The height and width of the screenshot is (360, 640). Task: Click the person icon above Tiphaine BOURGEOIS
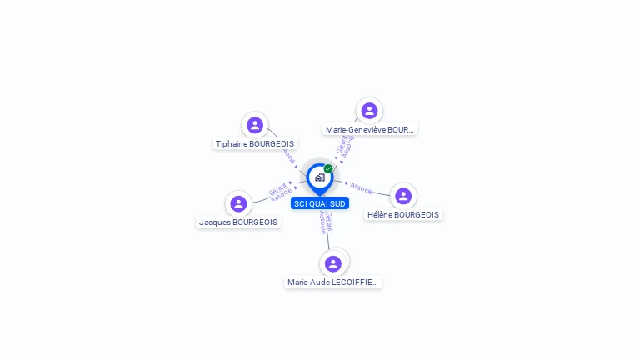[x=255, y=125]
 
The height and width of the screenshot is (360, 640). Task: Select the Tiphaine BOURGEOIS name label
[x=255, y=144]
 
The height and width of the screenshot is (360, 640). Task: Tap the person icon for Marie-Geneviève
[x=369, y=111]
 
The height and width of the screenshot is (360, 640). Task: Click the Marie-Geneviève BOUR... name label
[x=369, y=130]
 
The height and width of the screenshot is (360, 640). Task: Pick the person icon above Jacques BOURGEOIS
[x=238, y=203]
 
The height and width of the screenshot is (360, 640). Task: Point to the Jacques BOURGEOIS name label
[x=238, y=222]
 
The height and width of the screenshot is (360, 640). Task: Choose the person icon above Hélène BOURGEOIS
[x=403, y=196]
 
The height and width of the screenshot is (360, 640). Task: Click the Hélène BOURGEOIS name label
[x=403, y=215]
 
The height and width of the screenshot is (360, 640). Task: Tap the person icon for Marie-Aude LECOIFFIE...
[x=333, y=263]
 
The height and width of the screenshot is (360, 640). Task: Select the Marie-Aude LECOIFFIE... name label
[x=333, y=282]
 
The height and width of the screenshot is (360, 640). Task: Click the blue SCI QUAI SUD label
[x=320, y=203]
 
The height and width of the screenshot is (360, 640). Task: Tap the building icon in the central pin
[x=319, y=177]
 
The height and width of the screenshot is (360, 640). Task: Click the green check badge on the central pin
[x=328, y=169]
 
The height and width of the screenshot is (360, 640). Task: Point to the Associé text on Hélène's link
[x=362, y=187]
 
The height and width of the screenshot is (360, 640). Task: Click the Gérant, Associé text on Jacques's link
[x=280, y=192]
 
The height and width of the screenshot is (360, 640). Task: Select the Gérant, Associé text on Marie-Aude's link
[x=326, y=222]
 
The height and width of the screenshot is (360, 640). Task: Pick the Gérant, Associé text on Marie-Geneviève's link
[x=346, y=146]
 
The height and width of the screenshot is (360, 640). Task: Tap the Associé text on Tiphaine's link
[x=288, y=155]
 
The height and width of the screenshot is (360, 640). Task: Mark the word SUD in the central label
[x=337, y=203]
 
